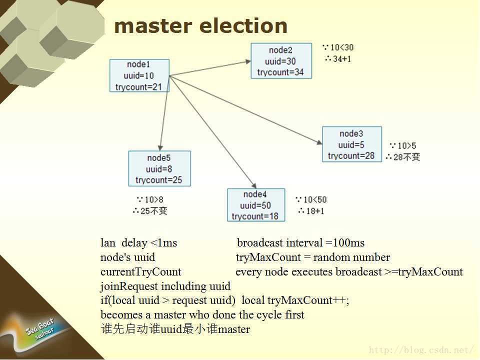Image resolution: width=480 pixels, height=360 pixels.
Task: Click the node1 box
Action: (139, 75)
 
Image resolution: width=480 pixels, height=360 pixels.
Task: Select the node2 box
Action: (281, 61)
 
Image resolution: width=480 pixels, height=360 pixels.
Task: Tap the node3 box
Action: (352, 144)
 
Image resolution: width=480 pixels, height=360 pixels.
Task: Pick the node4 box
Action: (256, 205)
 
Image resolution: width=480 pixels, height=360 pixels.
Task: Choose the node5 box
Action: (159, 168)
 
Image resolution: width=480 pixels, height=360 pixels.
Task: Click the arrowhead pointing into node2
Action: (248, 61)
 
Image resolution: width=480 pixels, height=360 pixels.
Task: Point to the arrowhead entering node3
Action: (319, 142)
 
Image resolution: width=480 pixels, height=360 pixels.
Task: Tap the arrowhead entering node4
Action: (254, 185)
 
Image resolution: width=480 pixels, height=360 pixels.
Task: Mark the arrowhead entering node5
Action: (160, 148)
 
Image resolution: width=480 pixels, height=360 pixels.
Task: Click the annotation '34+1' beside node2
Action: (342, 59)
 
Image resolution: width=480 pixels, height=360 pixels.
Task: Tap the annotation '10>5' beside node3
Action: (407, 145)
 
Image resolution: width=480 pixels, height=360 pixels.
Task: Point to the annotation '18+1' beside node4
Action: (315, 211)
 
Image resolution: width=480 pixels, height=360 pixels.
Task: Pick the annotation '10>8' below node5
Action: (153, 199)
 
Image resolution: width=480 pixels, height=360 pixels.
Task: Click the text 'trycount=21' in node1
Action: (138, 87)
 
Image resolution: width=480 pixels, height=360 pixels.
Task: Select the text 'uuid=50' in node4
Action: (255, 205)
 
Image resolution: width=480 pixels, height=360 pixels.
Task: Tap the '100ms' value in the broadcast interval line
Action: (348, 243)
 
